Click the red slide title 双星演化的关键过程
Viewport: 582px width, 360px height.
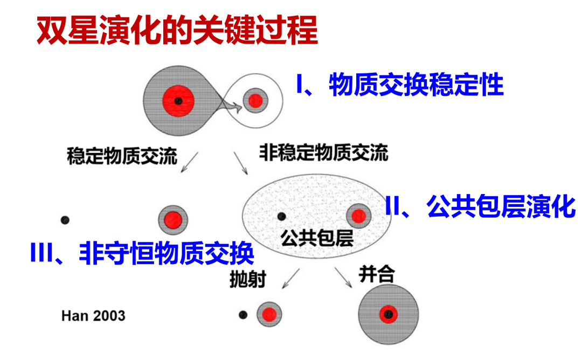177,30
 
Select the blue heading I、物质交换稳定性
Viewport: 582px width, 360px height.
400,85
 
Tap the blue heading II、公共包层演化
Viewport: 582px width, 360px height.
480,206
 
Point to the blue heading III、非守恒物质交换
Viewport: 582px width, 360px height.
142,253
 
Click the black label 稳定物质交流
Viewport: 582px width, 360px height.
122,156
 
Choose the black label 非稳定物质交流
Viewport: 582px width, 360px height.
324,153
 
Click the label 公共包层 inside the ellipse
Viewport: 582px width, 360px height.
317,238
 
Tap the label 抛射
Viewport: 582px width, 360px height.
247,279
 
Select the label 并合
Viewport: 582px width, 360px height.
376,274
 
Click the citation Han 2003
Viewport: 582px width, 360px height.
93,316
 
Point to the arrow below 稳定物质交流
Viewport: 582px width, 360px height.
189,162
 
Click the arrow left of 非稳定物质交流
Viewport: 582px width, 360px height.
240,163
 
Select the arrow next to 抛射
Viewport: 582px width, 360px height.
290,278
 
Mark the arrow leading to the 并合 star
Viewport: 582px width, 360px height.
343,277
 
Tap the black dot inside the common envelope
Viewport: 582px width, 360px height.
282,216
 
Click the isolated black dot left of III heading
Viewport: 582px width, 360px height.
65,220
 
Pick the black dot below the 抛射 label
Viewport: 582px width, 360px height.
243,315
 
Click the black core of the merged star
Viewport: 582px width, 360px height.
388,314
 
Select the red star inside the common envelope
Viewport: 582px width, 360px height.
358,216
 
